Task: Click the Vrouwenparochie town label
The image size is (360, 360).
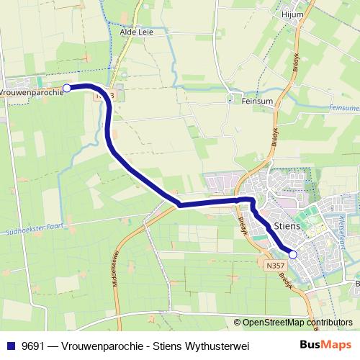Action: coord(30,92)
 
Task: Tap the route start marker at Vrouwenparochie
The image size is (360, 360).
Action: coord(67,88)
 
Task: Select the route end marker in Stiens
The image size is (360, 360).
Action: coord(293,253)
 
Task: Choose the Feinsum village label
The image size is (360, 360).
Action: coord(258,102)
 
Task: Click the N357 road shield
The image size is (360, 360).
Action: coord(273,266)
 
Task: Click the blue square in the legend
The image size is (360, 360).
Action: coord(10,346)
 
